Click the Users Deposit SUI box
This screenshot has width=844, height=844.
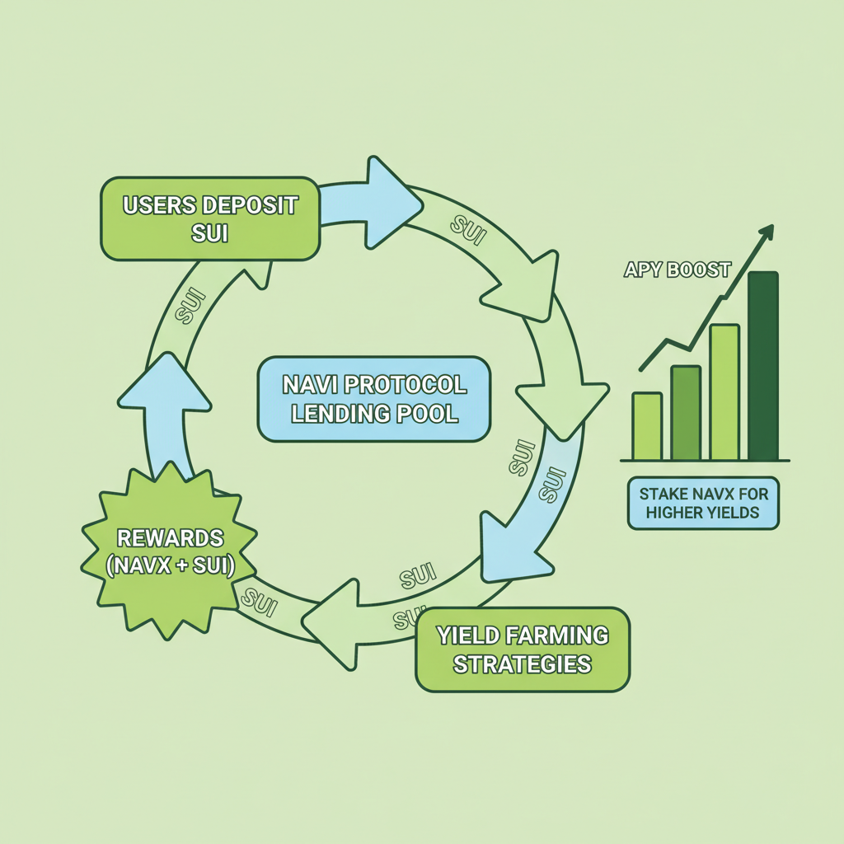pyautogui.click(x=209, y=218)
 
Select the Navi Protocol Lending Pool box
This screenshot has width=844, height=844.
pyautogui.click(x=373, y=399)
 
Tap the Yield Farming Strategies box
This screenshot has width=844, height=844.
pyautogui.click(x=523, y=649)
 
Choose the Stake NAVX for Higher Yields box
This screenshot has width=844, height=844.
pyautogui.click(x=703, y=503)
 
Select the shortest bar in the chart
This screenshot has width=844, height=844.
pyautogui.click(x=647, y=426)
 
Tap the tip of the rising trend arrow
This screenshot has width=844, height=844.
pyautogui.click(x=771, y=227)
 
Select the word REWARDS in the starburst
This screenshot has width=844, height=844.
pyautogui.click(x=171, y=538)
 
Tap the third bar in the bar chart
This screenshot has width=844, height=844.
pyautogui.click(x=724, y=392)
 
